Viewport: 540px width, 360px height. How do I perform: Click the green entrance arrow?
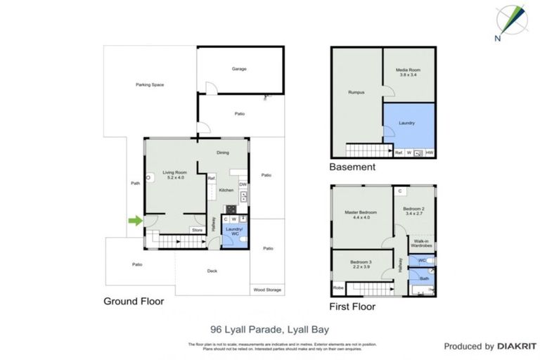[134, 221]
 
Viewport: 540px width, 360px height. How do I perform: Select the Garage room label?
[240, 69]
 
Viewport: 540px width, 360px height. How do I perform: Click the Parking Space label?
[150, 84]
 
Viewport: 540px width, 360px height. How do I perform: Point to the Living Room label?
[174, 174]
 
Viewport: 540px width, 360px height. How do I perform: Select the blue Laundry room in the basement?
[408, 124]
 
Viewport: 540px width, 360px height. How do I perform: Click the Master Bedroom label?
[361, 215]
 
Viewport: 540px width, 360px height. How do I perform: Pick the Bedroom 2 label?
[414, 212]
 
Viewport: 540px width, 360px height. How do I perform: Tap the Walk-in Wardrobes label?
[422, 243]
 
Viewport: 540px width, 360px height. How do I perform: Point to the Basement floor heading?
[352, 167]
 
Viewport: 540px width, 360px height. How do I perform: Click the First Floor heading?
[352, 307]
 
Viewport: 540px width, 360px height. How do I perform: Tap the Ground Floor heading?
[134, 302]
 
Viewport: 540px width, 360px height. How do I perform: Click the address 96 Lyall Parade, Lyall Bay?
[270, 328]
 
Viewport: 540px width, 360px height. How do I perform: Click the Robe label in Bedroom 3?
[338, 288]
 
